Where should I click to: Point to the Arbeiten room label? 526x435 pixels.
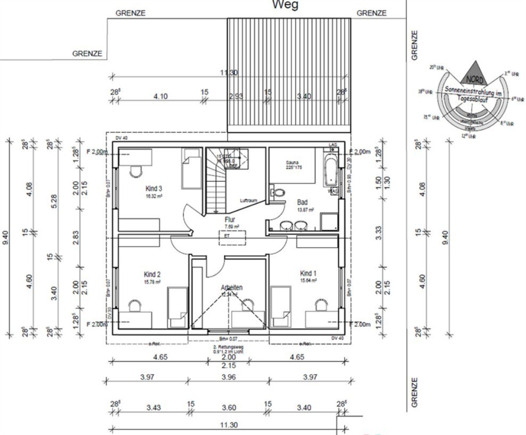[231, 287]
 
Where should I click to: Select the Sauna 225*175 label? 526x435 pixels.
[295, 165]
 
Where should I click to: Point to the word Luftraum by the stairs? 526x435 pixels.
[249, 200]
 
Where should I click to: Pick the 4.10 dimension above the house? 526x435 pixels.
[160, 96]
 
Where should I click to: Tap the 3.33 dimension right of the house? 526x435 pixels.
[379, 231]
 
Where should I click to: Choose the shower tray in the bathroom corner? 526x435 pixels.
[330, 222]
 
